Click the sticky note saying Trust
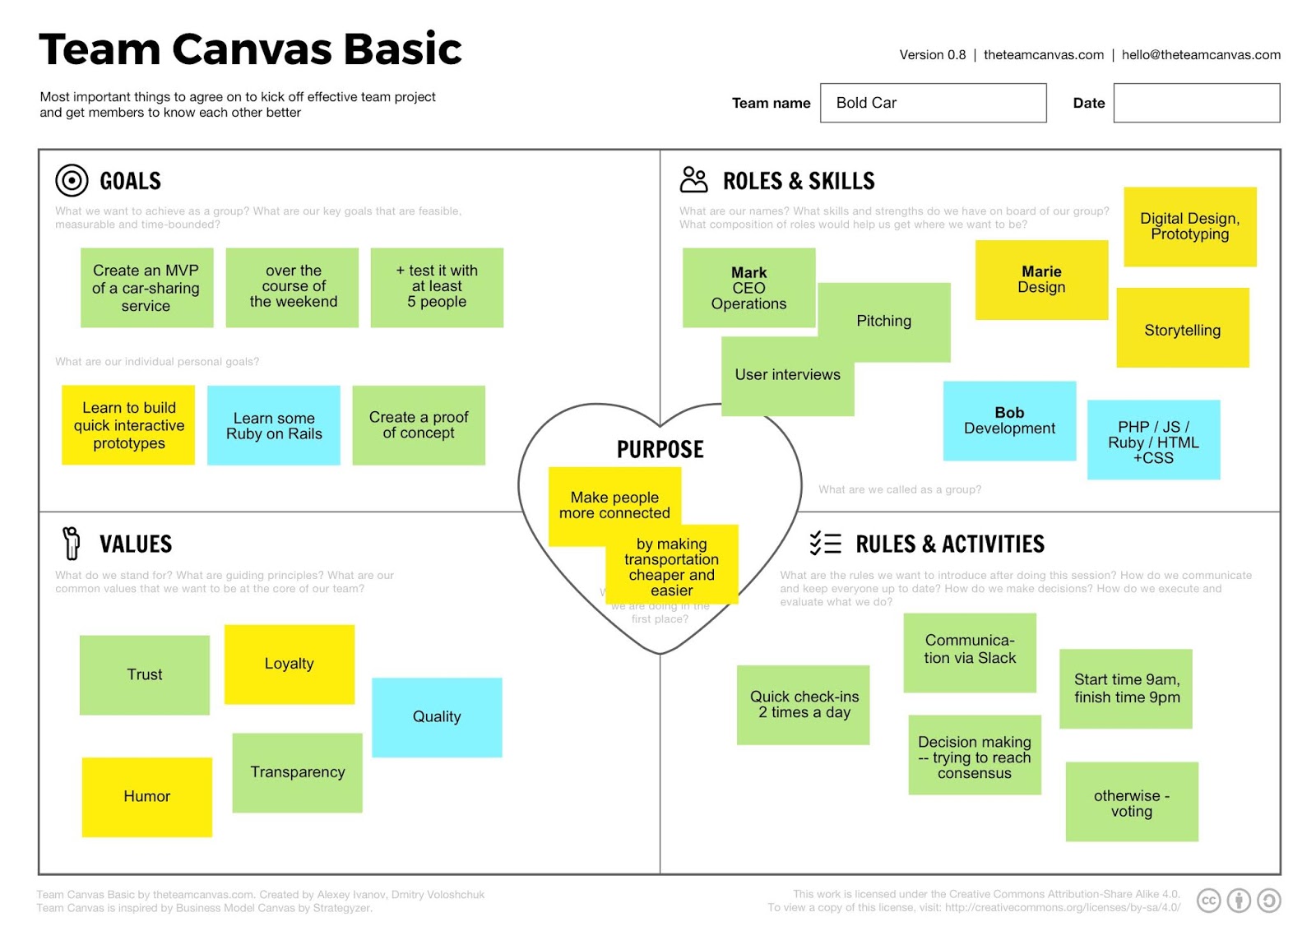coord(145,674)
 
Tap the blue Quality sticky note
coord(437,717)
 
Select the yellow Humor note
coord(146,796)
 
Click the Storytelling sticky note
coord(1182,329)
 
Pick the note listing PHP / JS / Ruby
coord(1153,441)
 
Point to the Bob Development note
coord(1009,420)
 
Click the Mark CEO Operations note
coord(748,288)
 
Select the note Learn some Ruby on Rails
coord(274,425)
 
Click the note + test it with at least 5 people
coord(437,287)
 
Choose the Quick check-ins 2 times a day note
coord(804,705)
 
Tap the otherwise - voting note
coord(1132,802)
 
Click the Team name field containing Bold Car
coord(933,103)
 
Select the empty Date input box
coord(1196,103)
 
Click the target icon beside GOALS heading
coord(72,180)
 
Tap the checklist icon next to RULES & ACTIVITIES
coord(825,543)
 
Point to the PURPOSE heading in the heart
coord(660,449)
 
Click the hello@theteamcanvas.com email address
coord(1200,55)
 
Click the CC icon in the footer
coord(1208,901)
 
